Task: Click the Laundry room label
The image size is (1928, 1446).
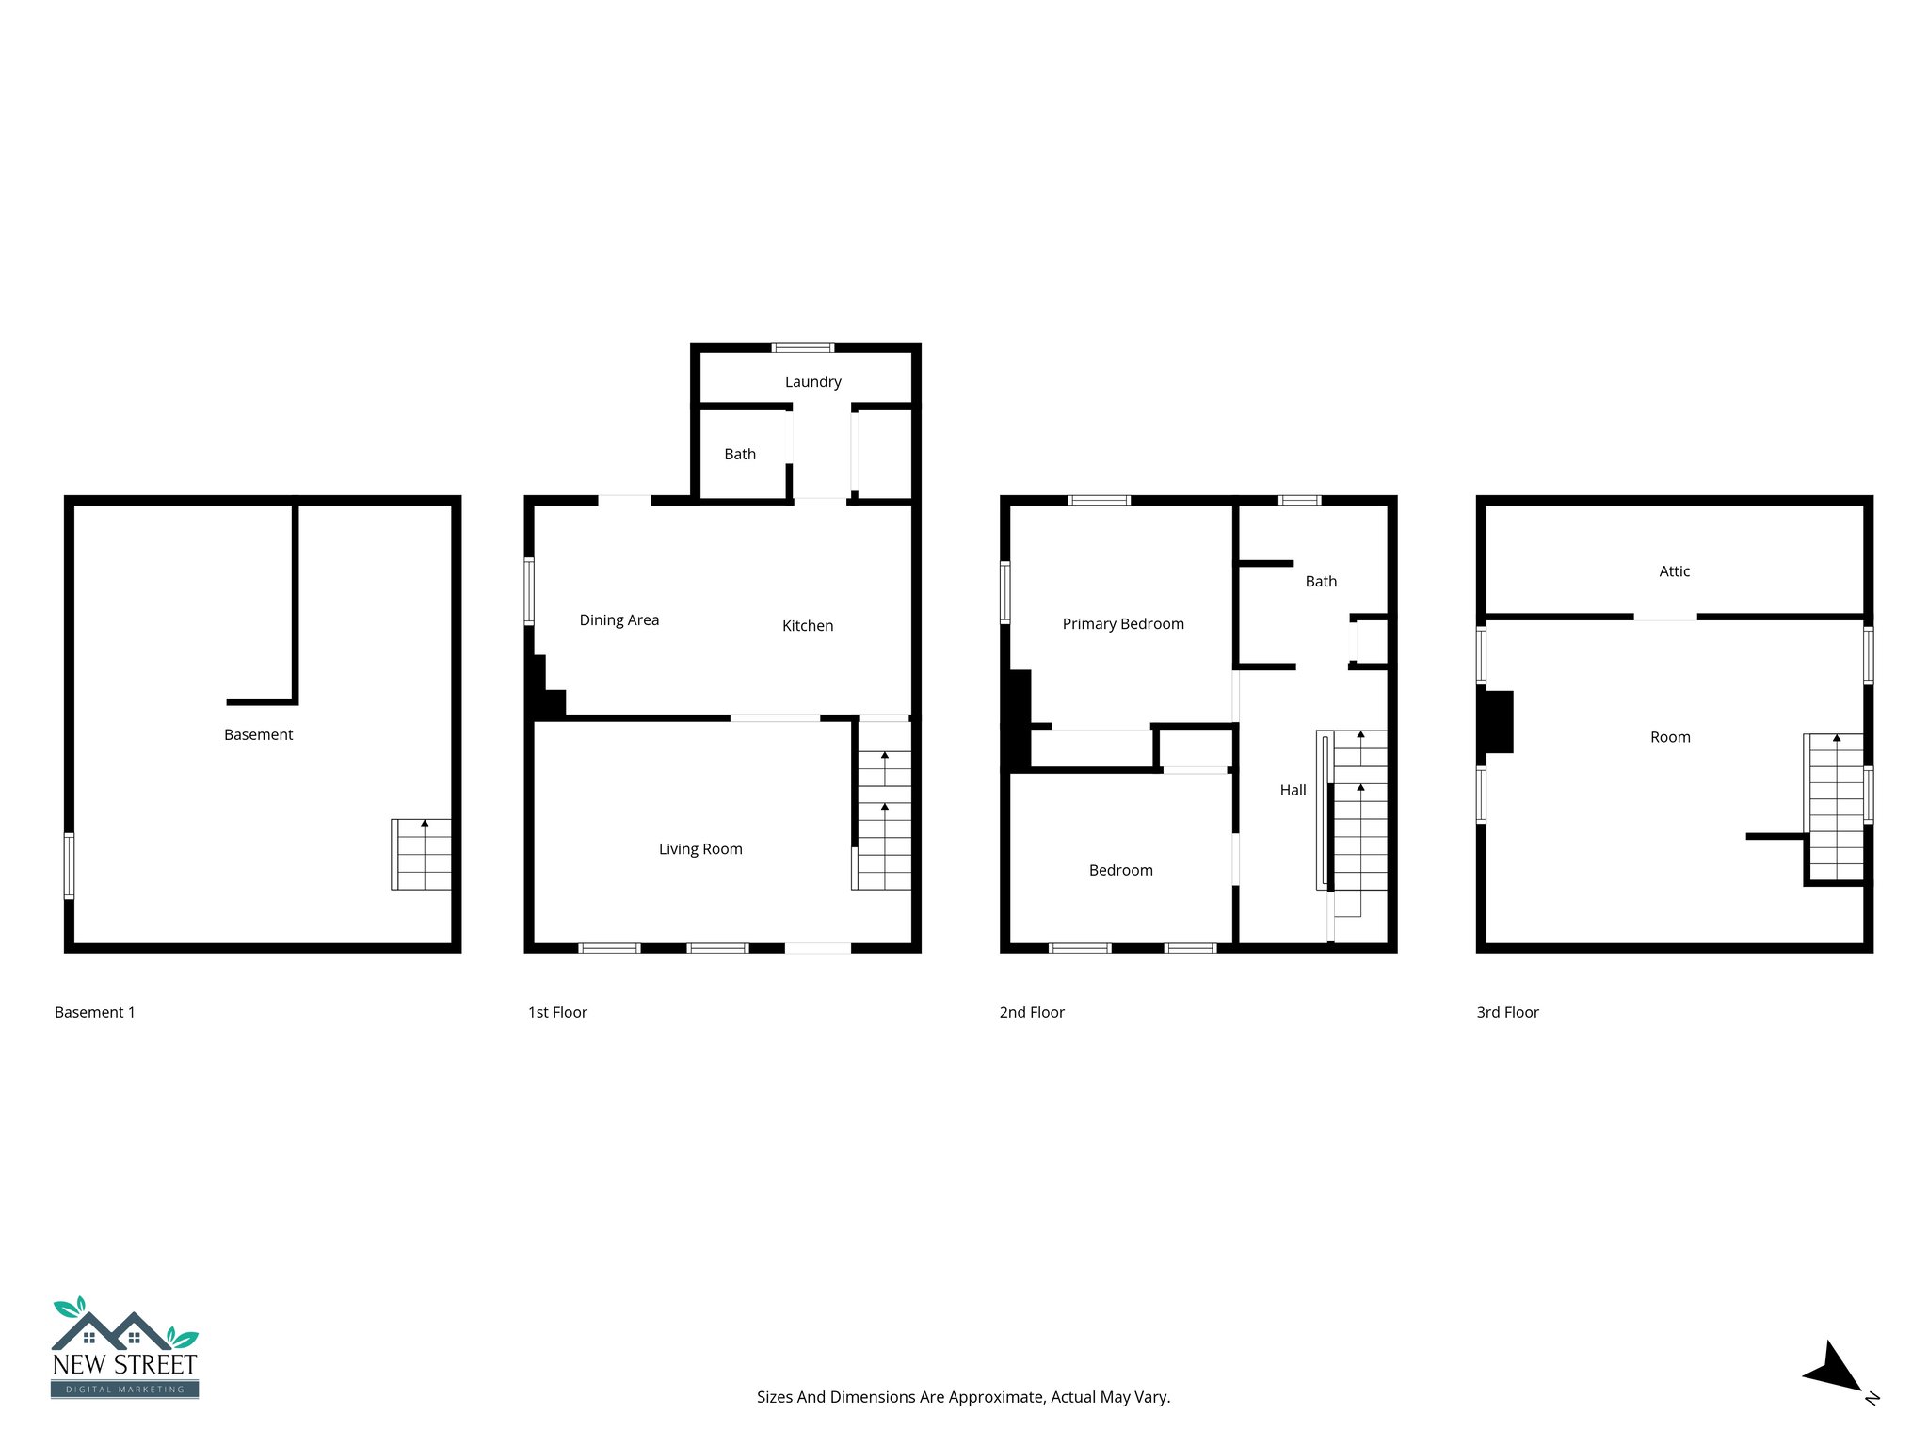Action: (x=812, y=381)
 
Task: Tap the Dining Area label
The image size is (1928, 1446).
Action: (x=619, y=619)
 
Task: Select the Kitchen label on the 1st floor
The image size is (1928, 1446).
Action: (x=807, y=625)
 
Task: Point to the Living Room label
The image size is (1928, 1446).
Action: (x=700, y=848)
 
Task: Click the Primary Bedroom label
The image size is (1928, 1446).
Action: (x=1122, y=623)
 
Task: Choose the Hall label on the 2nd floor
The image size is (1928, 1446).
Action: (x=1293, y=790)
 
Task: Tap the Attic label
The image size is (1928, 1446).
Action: (x=1674, y=570)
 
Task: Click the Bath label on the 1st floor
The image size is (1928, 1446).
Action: (x=739, y=454)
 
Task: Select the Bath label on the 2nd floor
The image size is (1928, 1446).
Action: (x=1320, y=581)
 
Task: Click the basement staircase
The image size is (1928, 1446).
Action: (x=421, y=854)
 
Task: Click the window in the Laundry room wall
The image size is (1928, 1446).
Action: (x=802, y=347)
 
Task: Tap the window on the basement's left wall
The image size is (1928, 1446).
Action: (x=69, y=864)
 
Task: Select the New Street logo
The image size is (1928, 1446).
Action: (x=124, y=1347)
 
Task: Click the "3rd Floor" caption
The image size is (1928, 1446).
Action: (x=1506, y=1012)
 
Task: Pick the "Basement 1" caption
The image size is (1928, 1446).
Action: (x=94, y=1012)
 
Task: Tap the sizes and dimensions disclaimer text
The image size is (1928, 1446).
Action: (x=963, y=1397)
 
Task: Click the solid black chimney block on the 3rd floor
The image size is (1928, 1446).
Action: (x=1498, y=722)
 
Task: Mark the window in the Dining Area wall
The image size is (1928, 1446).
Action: (x=529, y=591)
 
